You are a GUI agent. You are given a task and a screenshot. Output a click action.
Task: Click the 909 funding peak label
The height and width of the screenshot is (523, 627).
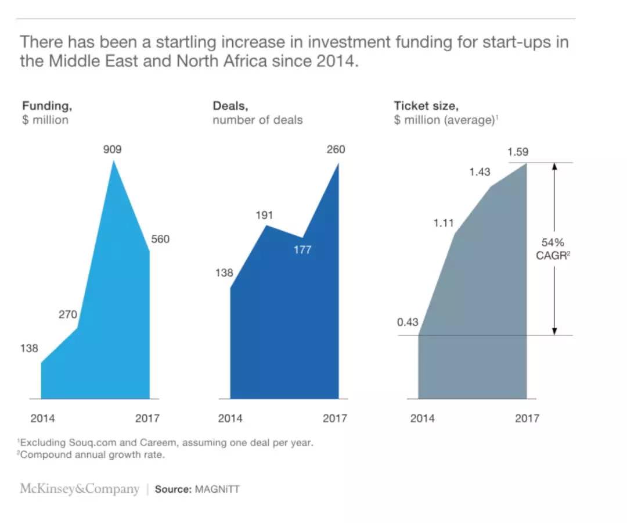(112, 149)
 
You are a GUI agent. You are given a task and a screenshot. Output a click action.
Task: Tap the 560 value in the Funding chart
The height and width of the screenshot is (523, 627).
(160, 239)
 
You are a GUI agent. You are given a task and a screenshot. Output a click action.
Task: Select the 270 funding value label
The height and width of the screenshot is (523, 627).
(67, 315)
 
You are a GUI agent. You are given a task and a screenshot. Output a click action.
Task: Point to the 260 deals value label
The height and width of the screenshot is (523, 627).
(335, 149)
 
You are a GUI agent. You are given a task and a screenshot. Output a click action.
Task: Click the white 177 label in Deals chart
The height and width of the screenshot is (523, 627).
(302, 250)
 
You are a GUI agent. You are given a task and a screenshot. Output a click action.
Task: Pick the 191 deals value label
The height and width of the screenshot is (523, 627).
(264, 216)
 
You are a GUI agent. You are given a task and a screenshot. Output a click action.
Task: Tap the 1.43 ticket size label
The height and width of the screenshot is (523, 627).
(480, 172)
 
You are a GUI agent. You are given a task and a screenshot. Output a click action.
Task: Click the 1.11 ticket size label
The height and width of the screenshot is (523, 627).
(444, 223)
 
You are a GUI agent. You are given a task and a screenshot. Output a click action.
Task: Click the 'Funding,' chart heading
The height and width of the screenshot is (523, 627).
(47, 106)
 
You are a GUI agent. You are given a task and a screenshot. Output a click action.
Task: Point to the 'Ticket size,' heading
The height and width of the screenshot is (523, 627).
(426, 106)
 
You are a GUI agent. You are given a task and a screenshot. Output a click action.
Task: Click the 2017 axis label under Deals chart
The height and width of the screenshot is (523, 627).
(335, 418)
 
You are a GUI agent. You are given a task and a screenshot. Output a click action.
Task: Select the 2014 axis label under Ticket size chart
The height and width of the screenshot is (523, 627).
(422, 418)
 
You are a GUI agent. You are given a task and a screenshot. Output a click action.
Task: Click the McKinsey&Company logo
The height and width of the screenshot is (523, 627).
(80, 489)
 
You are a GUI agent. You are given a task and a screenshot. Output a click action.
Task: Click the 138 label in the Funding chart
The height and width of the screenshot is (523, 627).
(28, 349)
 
